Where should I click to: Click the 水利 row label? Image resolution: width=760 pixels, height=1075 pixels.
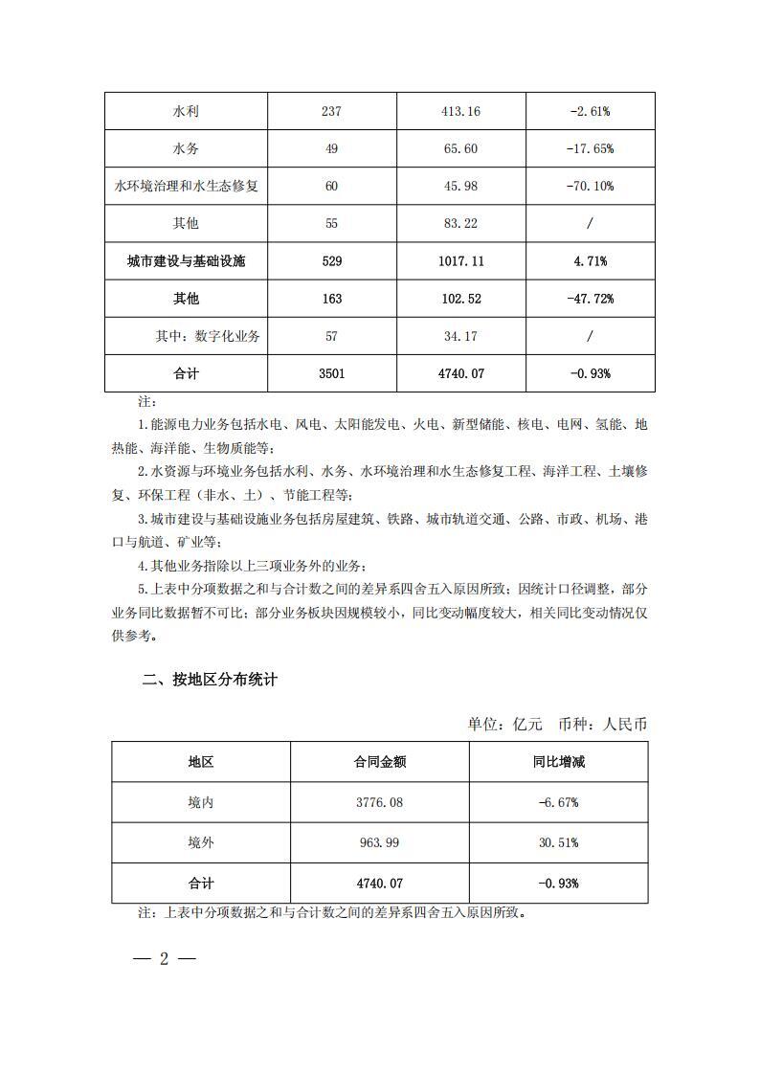click(x=186, y=111)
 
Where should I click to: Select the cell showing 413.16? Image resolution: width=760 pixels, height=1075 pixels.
click(x=460, y=111)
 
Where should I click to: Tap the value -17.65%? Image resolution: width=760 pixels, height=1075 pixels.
click(x=590, y=148)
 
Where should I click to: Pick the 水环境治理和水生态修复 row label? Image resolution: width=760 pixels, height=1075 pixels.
click(x=186, y=186)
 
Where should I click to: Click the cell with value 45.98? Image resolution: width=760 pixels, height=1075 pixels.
click(x=460, y=186)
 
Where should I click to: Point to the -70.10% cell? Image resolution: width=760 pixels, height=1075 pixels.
click(x=590, y=186)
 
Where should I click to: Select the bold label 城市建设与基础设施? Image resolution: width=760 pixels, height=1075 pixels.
click(x=186, y=260)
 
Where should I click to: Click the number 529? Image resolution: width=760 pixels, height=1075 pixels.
click(x=332, y=260)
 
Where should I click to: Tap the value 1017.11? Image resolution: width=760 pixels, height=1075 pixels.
click(x=460, y=260)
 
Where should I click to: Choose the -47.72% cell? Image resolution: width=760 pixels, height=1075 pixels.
click(x=590, y=299)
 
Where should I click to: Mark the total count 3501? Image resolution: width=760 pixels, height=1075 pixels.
click(x=332, y=373)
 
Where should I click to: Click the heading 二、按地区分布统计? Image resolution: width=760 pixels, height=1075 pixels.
click(x=210, y=681)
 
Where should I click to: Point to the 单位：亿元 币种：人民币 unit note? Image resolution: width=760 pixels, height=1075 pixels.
click(x=557, y=724)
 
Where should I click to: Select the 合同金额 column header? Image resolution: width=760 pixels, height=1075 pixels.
click(x=379, y=762)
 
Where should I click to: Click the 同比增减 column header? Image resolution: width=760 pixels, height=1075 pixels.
click(x=558, y=762)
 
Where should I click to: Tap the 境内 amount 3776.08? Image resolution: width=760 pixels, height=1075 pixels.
click(x=379, y=802)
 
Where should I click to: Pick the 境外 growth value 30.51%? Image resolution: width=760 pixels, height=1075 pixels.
click(x=558, y=842)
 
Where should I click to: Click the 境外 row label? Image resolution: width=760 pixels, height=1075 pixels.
click(x=201, y=842)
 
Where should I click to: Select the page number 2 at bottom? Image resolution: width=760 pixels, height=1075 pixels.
click(x=164, y=959)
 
